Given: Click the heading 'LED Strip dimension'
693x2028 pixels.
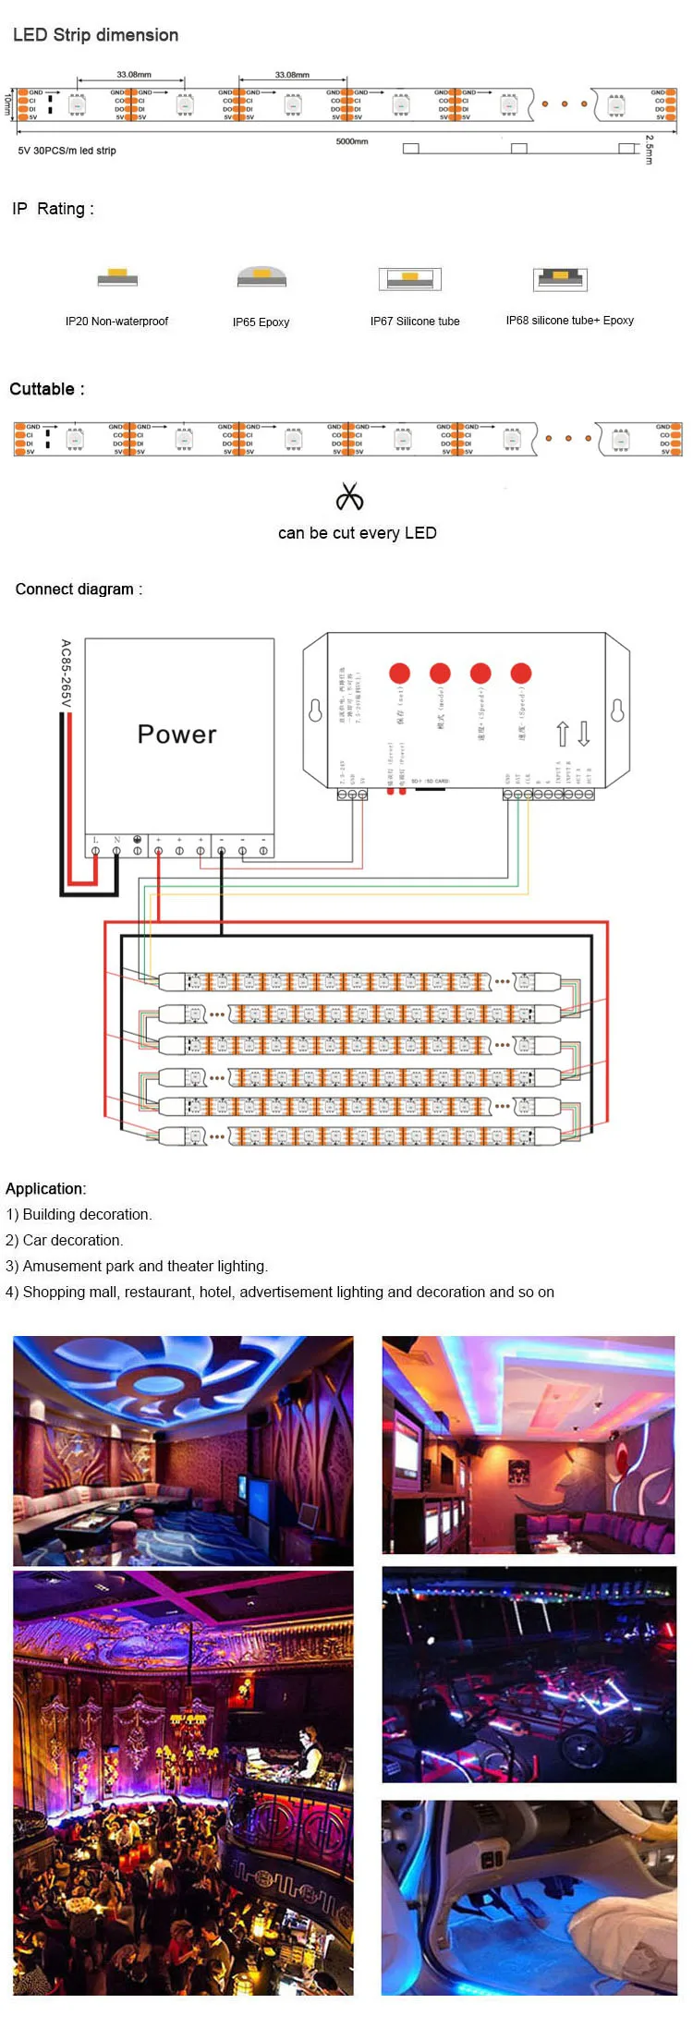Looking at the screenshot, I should pyautogui.click(x=95, y=35).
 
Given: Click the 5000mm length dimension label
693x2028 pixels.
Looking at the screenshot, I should pyautogui.click(x=352, y=141).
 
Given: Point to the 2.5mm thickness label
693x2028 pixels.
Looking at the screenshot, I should pyautogui.click(x=650, y=150).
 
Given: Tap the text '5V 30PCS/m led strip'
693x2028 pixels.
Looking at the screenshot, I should pyautogui.click(x=67, y=151).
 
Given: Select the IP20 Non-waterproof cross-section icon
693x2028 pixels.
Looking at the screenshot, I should pyautogui.click(x=117, y=276).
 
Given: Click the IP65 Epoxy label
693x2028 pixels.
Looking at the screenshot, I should pyautogui.click(x=261, y=322).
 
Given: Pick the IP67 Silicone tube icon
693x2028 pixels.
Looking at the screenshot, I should pyautogui.click(x=410, y=278).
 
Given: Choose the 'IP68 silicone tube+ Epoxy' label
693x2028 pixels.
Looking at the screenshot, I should pyautogui.click(x=569, y=321).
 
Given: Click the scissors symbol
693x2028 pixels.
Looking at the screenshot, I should pyautogui.click(x=349, y=497).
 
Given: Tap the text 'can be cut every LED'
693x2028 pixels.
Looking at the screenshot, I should pyautogui.click(x=357, y=533).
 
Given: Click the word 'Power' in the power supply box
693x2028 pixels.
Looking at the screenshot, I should pyautogui.click(x=176, y=735).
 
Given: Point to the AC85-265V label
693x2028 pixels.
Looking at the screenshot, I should pyautogui.click(x=66, y=673).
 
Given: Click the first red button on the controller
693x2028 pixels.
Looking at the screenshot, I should pyautogui.click(x=399, y=673).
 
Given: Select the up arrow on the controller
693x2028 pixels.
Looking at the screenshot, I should pyautogui.click(x=562, y=735).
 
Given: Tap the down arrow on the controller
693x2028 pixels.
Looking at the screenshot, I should pyautogui.click(x=584, y=735).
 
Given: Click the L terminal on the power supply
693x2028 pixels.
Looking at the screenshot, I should pyautogui.click(x=95, y=849).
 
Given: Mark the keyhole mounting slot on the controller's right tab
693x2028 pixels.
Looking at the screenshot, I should pyautogui.click(x=617, y=710).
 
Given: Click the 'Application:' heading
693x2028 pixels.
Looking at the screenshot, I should pyautogui.click(x=46, y=1189).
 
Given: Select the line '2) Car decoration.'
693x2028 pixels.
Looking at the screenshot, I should pyautogui.click(x=64, y=1241).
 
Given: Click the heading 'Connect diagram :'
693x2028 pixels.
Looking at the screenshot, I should pyautogui.click(x=79, y=589).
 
